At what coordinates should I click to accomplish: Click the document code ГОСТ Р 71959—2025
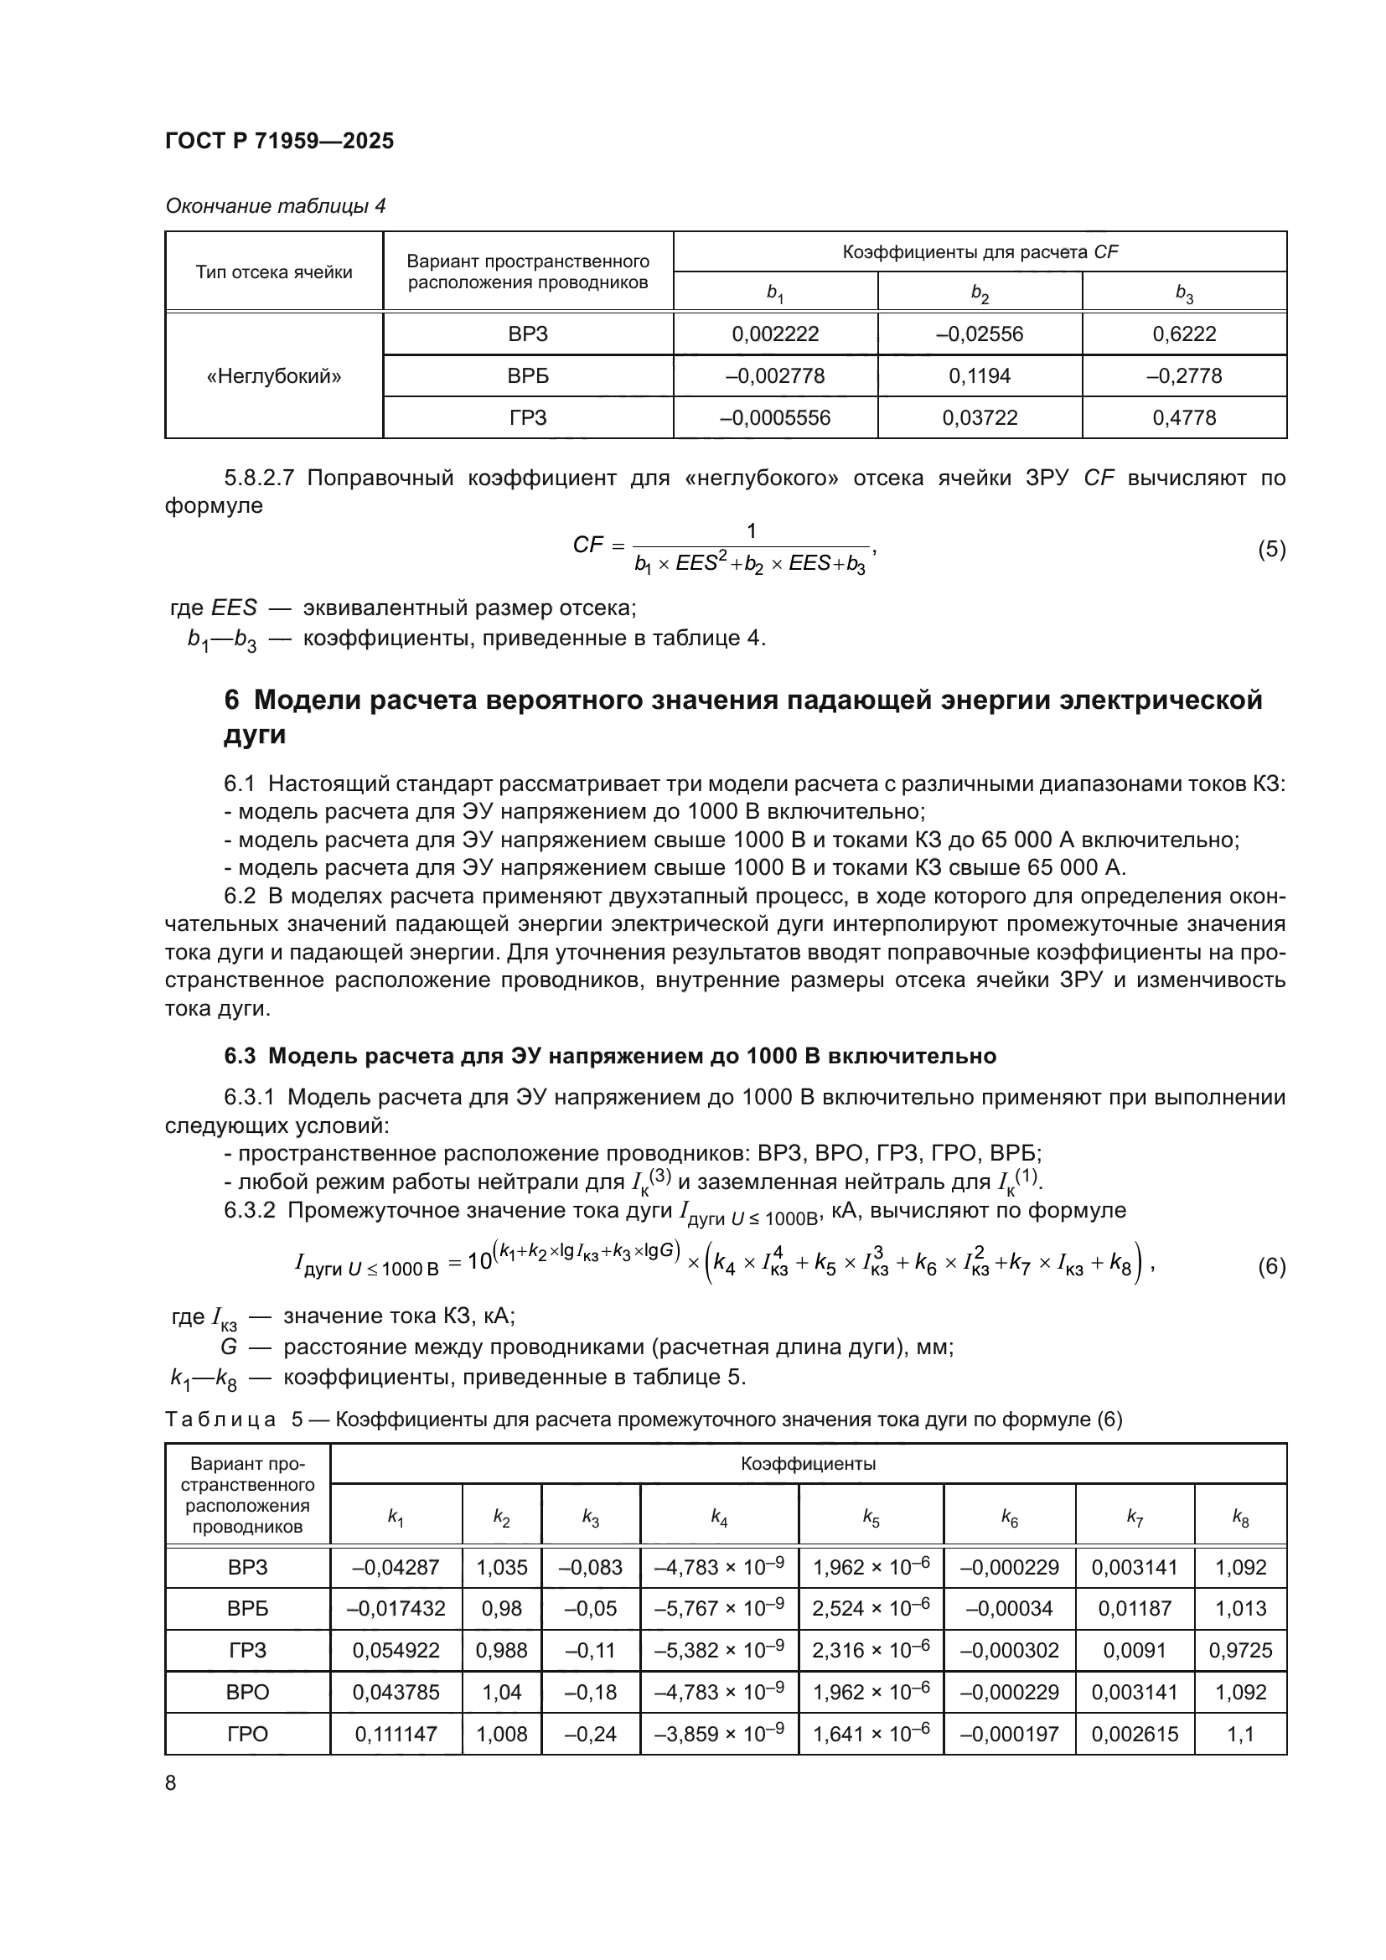[x=279, y=142]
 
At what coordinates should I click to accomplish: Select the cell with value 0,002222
[x=775, y=334]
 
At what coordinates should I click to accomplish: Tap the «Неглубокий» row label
[x=274, y=376]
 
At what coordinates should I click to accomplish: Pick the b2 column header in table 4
[x=980, y=292]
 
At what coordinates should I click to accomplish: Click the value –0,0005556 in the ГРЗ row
[x=775, y=418]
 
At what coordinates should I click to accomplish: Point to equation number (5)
[x=1271, y=549]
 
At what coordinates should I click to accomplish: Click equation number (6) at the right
[x=1271, y=1266]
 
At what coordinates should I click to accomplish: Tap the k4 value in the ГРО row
[x=719, y=1734]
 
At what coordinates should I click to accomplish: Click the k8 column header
[x=1240, y=1517]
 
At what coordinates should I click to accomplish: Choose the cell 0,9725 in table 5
[x=1240, y=1650]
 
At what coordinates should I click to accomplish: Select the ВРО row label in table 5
[x=247, y=1692]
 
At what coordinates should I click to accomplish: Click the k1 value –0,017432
[x=396, y=1609]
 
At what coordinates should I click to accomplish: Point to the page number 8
[x=171, y=1783]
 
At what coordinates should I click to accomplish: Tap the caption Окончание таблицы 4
[x=275, y=207]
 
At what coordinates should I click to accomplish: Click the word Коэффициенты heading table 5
[x=807, y=1464]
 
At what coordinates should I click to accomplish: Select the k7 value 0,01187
[x=1135, y=1609]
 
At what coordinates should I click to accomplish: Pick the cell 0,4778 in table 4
[x=1184, y=418]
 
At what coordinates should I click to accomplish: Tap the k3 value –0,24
[x=590, y=1734]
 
